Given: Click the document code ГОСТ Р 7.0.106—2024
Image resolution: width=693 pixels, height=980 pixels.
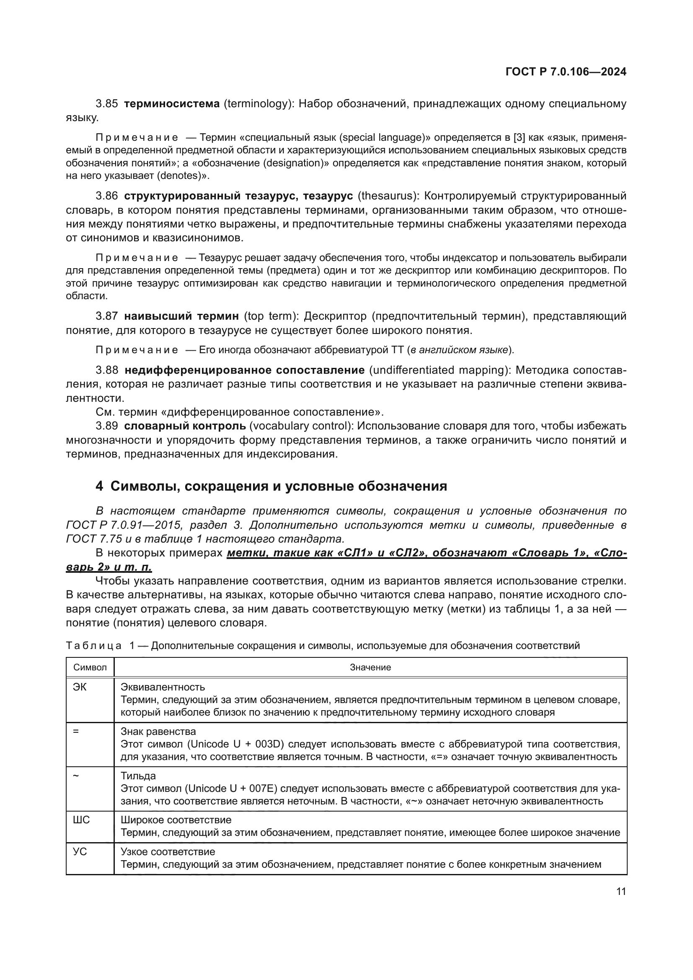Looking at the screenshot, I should [565, 72].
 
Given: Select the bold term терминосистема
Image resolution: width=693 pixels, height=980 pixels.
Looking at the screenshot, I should [171, 104].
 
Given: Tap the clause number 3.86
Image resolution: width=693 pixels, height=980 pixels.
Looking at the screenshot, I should [107, 196].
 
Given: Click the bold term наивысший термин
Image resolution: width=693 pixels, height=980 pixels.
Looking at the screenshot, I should [181, 316].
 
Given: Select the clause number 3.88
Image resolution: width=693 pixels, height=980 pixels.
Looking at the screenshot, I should [107, 370].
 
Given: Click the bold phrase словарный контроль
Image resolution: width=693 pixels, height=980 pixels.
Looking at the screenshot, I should [185, 426].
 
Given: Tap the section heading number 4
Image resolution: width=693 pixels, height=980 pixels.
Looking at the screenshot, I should [99, 486].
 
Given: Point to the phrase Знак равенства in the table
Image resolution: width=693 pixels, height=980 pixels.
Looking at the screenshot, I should [158, 732].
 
